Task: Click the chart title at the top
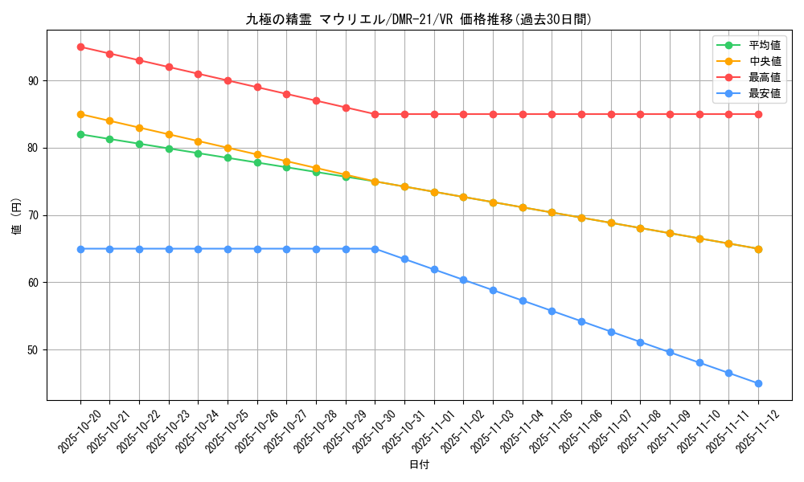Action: point(419,19)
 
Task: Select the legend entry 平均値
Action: point(764,45)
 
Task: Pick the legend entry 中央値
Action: point(764,61)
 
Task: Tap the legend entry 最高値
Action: point(764,77)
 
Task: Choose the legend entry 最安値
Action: point(764,93)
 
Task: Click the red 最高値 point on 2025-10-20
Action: point(80,47)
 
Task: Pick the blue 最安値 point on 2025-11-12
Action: point(758,383)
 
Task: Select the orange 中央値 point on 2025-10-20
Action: point(80,114)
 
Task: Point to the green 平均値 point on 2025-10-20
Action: point(80,134)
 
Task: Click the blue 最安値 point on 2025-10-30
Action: point(375,249)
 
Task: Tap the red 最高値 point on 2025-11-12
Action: point(758,114)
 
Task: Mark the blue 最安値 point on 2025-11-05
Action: point(552,311)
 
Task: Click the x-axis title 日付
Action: point(419,465)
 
